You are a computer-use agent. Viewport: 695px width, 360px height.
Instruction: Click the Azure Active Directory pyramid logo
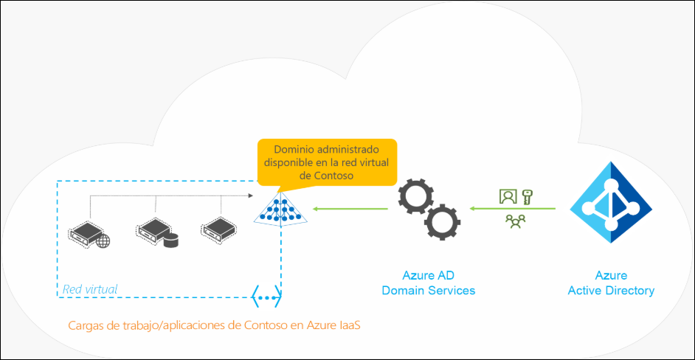coord(611,202)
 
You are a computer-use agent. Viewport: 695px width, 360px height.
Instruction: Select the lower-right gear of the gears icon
coord(443,222)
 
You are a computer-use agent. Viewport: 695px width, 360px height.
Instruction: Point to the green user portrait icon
coord(508,196)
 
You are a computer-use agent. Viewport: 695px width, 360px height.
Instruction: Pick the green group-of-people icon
coord(516,221)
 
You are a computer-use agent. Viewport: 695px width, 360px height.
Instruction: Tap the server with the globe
coord(89,233)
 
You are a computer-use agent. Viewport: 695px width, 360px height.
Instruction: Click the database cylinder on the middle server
coord(171,240)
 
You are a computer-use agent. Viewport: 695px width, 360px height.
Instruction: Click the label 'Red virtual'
coord(90,289)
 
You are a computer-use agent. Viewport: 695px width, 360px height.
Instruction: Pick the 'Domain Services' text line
coord(429,291)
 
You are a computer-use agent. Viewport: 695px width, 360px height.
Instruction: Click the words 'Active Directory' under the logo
coord(611,291)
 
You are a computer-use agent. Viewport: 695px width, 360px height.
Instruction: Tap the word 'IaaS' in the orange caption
coord(350,325)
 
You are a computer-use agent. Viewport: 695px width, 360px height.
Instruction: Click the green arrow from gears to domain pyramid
coord(350,208)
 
